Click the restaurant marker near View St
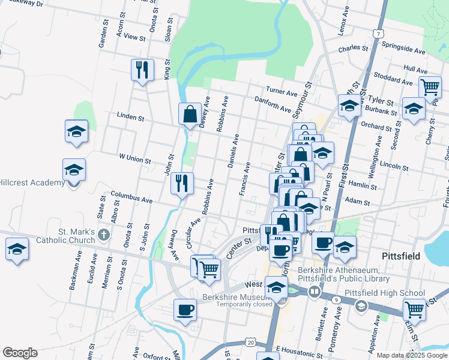click(142, 70)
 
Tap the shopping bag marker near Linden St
click(190, 113)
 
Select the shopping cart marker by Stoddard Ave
click(430, 87)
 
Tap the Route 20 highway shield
click(250, 343)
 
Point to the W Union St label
click(134, 158)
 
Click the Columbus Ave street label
click(131, 197)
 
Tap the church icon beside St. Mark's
click(104, 232)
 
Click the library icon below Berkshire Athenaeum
click(315, 292)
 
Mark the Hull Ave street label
click(416, 69)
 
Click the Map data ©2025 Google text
click(411, 355)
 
